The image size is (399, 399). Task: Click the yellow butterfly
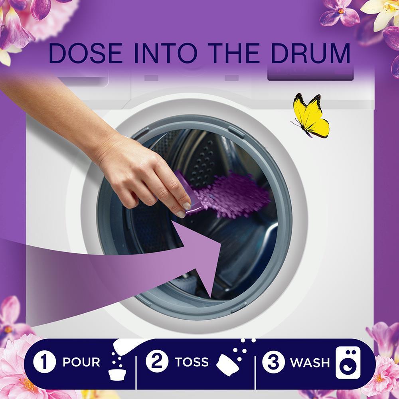point(311,116)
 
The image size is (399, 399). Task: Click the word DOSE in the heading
point(85,53)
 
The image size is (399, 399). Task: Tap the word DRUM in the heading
point(311,53)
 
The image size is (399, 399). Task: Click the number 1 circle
point(45,361)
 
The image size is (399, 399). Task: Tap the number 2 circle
point(157,361)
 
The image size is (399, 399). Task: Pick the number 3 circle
point(273,361)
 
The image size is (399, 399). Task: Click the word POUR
point(81,362)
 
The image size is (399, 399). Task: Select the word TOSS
point(192,361)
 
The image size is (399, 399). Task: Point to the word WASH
point(310,362)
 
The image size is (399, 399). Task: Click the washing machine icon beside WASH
point(348,362)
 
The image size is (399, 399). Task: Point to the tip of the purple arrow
point(221,243)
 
